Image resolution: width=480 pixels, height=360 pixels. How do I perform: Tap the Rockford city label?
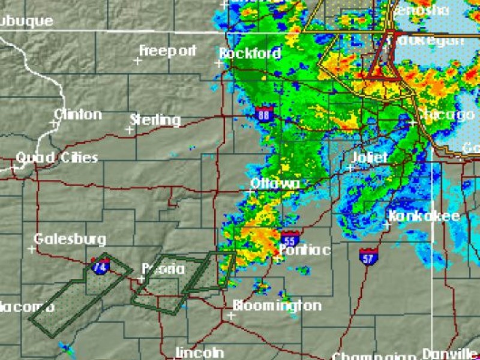(250, 53)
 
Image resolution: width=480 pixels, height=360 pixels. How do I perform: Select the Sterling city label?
(155, 120)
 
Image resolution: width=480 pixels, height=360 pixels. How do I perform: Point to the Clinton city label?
(78, 114)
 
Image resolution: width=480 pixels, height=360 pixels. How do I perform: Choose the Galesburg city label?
(70, 239)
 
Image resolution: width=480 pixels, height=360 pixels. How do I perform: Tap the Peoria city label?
(163, 269)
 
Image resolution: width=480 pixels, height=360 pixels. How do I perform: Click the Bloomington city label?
(277, 305)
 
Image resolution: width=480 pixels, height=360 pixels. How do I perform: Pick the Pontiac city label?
(305, 250)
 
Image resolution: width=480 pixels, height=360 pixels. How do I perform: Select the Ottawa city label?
(275, 183)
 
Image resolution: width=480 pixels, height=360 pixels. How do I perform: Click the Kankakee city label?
(424, 216)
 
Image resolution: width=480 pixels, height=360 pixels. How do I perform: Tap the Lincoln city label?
(200, 352)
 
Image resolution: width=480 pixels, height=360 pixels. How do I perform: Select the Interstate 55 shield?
(290, 238)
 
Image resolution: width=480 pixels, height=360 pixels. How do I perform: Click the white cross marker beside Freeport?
(137, 61)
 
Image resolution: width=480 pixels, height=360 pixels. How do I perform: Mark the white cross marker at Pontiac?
(278, 259)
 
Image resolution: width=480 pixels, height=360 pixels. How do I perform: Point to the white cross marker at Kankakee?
(386, 226)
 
